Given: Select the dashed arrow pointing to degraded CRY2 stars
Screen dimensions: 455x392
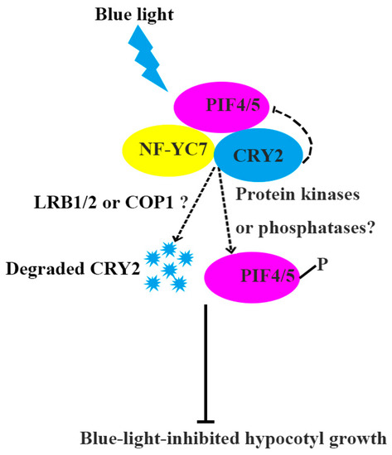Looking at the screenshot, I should [192, 215].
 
